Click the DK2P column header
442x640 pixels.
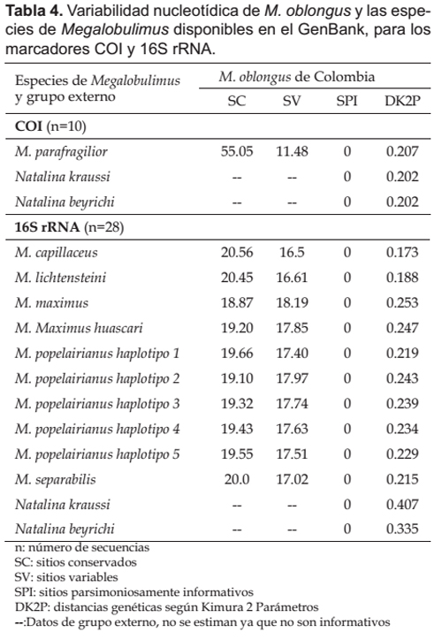[402, 101]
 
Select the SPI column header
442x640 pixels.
[347, 101]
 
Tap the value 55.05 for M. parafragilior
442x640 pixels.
[237, 151]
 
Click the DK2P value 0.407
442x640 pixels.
[402, 505]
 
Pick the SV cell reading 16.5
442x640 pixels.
[292, 252]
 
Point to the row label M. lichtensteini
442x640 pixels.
[60, 278]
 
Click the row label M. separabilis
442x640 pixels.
[56, 479]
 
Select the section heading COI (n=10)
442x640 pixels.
[50, 126]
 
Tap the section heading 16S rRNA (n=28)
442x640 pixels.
[69, 227]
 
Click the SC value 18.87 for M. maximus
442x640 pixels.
[237, 303]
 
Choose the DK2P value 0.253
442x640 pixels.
[402, 303]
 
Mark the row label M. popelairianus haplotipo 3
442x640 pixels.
[97, 404]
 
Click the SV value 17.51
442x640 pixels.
[292, 453]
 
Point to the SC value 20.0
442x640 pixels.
[237, 479]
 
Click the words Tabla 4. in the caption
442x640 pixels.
[34, 11]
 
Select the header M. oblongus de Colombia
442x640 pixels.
[297, 77]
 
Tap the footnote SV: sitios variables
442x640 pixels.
[66, 577]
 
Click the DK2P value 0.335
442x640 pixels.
[402, 529]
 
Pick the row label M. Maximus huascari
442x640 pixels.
[79, 328]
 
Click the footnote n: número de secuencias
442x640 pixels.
[82, 547]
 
